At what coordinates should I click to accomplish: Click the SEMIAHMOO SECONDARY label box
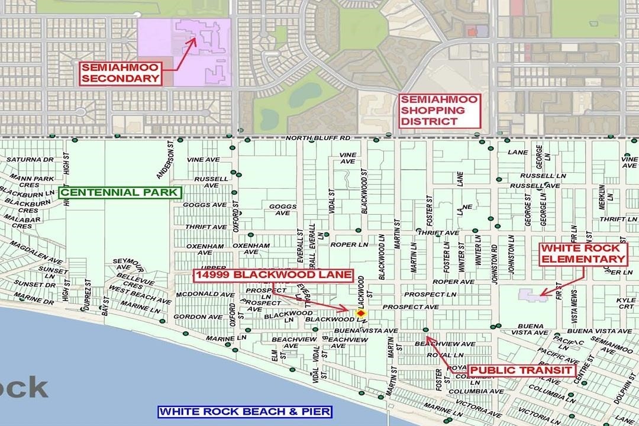click(x=121, y=73)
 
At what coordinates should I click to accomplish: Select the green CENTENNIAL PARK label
click(x=119, y=192)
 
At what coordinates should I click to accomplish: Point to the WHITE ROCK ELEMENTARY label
click(x=582, y=253)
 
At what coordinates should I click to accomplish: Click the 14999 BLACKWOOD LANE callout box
click(x=274, y=275)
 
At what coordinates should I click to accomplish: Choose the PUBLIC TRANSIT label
click(x=521, y=370)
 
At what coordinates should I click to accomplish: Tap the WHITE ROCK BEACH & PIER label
click(x=245, y=412)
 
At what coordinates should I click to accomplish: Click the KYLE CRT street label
click(x=626, y=304)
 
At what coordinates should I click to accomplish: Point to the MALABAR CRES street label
click(x=21, y=222)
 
